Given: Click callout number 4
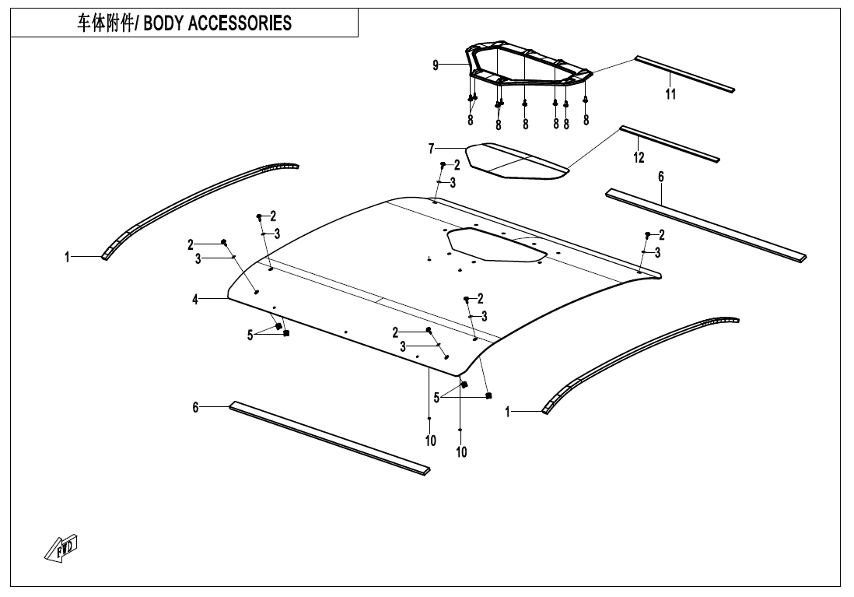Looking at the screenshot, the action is click(195, 300).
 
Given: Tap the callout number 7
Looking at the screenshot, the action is click(432, 149).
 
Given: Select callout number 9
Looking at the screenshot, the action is click(436, 65).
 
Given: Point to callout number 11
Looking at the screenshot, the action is click(670, 94).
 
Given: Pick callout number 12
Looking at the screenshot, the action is click(639, 157).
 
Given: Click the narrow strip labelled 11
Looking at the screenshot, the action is click(684, 74).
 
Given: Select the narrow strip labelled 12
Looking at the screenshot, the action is click(670, 144).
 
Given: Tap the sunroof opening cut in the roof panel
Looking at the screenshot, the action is click(495, 245).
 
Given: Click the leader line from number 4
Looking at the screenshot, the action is click(213, 299).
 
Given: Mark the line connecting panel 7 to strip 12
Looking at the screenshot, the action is click(593, 149).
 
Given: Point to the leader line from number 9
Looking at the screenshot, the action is click(453, 65).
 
